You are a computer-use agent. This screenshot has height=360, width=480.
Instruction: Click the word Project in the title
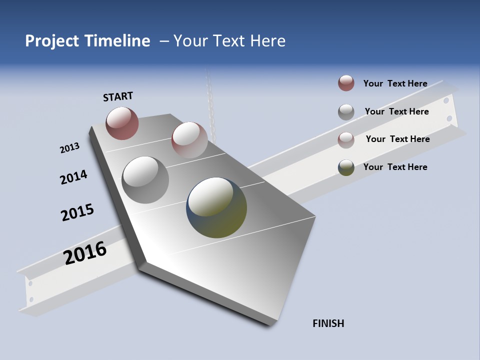click(52, 41)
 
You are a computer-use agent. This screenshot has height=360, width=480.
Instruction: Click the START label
click(118, 96)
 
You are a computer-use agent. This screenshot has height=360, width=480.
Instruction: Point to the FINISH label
click(328, 323)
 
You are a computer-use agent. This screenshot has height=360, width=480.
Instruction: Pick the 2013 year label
click(69, 148)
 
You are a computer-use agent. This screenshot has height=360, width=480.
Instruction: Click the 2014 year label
click(73, 177)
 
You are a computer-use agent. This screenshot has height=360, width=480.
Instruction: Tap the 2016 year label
click(85, 253)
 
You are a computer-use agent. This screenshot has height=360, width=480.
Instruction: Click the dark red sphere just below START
click(122, 123)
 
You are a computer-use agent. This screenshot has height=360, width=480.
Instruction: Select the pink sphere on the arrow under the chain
click(189, 139)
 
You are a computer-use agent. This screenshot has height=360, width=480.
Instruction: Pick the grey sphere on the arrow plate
click(145, 179)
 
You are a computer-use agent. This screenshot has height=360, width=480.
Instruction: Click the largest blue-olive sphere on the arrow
click(216, 207)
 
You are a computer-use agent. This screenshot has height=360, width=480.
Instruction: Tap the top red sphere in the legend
click(346, 83)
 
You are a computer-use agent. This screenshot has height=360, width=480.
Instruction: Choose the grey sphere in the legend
click(346, 112)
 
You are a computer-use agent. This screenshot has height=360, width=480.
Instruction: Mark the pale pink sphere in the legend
click(346, 140)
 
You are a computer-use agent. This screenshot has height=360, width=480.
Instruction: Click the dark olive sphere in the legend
click(346, 167)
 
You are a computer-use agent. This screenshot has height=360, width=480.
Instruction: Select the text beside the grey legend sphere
click(396, 111)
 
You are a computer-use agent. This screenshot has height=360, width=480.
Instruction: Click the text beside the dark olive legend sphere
click(395, 167)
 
